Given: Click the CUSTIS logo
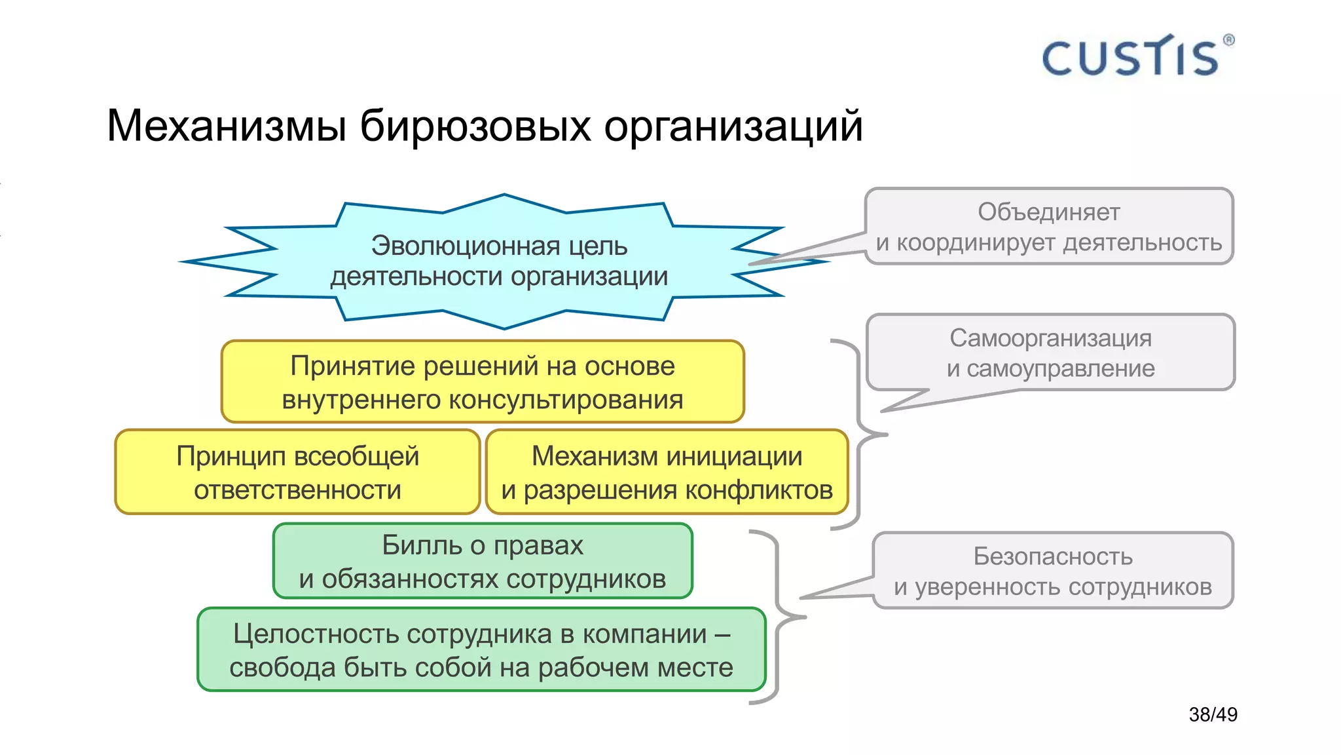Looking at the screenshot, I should tap(1130, 57).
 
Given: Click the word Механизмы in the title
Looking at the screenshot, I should tap(226, 126).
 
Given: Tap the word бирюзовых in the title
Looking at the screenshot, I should tap(475, 126).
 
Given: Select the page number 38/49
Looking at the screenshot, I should tap(1213, 714).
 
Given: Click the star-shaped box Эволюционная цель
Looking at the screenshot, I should tap(499, 261).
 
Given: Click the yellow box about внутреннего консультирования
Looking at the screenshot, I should tap(483, 382).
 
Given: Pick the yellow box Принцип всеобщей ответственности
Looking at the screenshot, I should tap(297, 473).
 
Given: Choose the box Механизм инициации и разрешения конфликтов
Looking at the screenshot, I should tap(667, 473).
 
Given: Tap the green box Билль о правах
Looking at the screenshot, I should tap(483, 562).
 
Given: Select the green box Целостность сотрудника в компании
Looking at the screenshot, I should tap(481, 650).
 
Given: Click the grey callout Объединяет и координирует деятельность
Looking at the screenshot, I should tap(1048, 227).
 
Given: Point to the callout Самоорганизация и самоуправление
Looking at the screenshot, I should tap(1050, 353).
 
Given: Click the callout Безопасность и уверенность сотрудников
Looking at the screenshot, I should tap(1052, 571).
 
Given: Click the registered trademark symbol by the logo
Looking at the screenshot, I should tap(1228, 40).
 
